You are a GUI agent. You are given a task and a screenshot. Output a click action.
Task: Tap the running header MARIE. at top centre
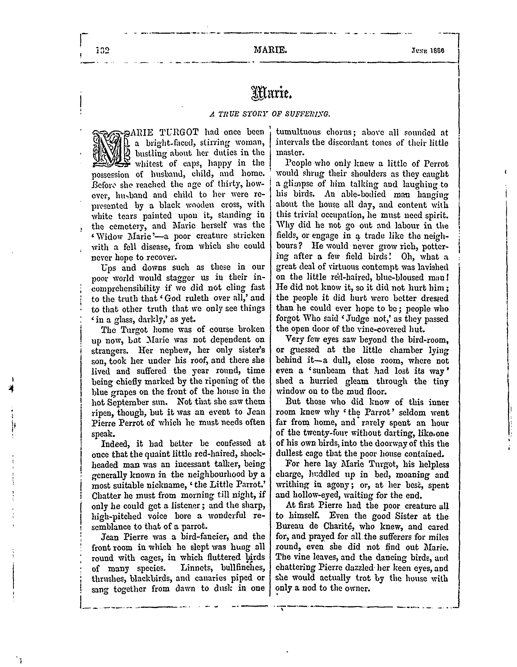(x=270, y=49)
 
